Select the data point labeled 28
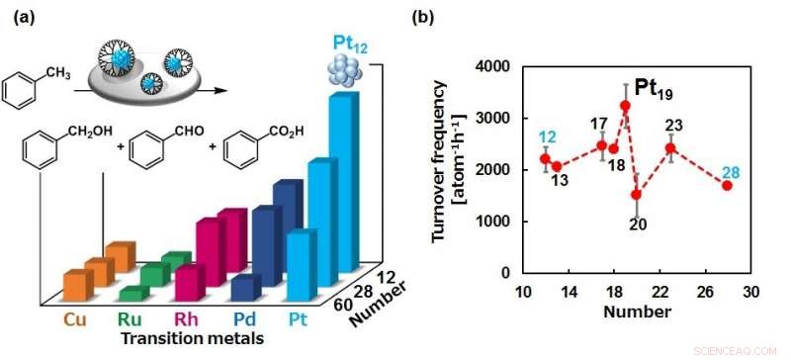[727, 185]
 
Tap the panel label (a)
[20, 17]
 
